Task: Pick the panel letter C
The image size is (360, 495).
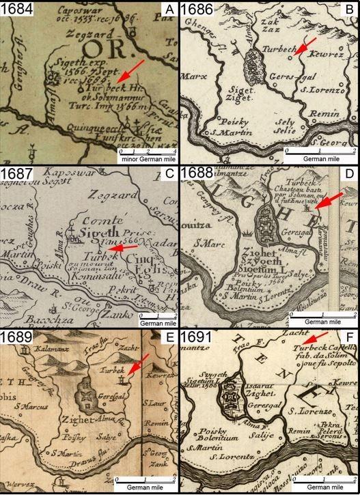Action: tap(170, 173)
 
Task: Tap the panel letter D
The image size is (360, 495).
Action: tap(351, 173)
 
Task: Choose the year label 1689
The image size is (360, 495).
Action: tap(16, 337)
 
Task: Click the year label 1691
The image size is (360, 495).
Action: tap(197, 337)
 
